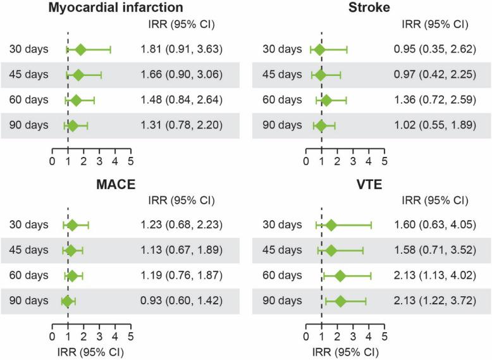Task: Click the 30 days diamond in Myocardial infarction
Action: point(80,49)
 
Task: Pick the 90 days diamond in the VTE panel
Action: point(340,301)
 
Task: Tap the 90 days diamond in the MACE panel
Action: point(66,301)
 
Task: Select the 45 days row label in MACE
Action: point(29,250)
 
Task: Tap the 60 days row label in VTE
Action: point(283,276)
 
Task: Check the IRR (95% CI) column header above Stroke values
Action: point(435,25)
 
